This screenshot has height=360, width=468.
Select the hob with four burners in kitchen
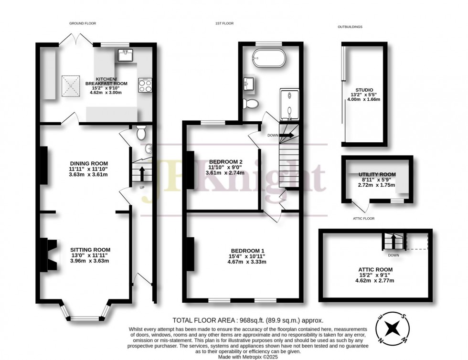[x=144, y=85]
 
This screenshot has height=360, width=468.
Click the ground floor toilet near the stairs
[x=140, y=133]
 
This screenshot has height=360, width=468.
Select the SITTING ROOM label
[x=90, y=250]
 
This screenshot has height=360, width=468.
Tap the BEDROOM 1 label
[x=247, y=251]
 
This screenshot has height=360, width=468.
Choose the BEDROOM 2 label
[x=225, y=161]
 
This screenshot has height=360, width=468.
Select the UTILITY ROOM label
[x=377, y=174]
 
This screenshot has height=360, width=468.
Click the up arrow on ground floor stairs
[x=141, y=171]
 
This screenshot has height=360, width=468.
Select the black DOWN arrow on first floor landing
[x=287, y=135]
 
